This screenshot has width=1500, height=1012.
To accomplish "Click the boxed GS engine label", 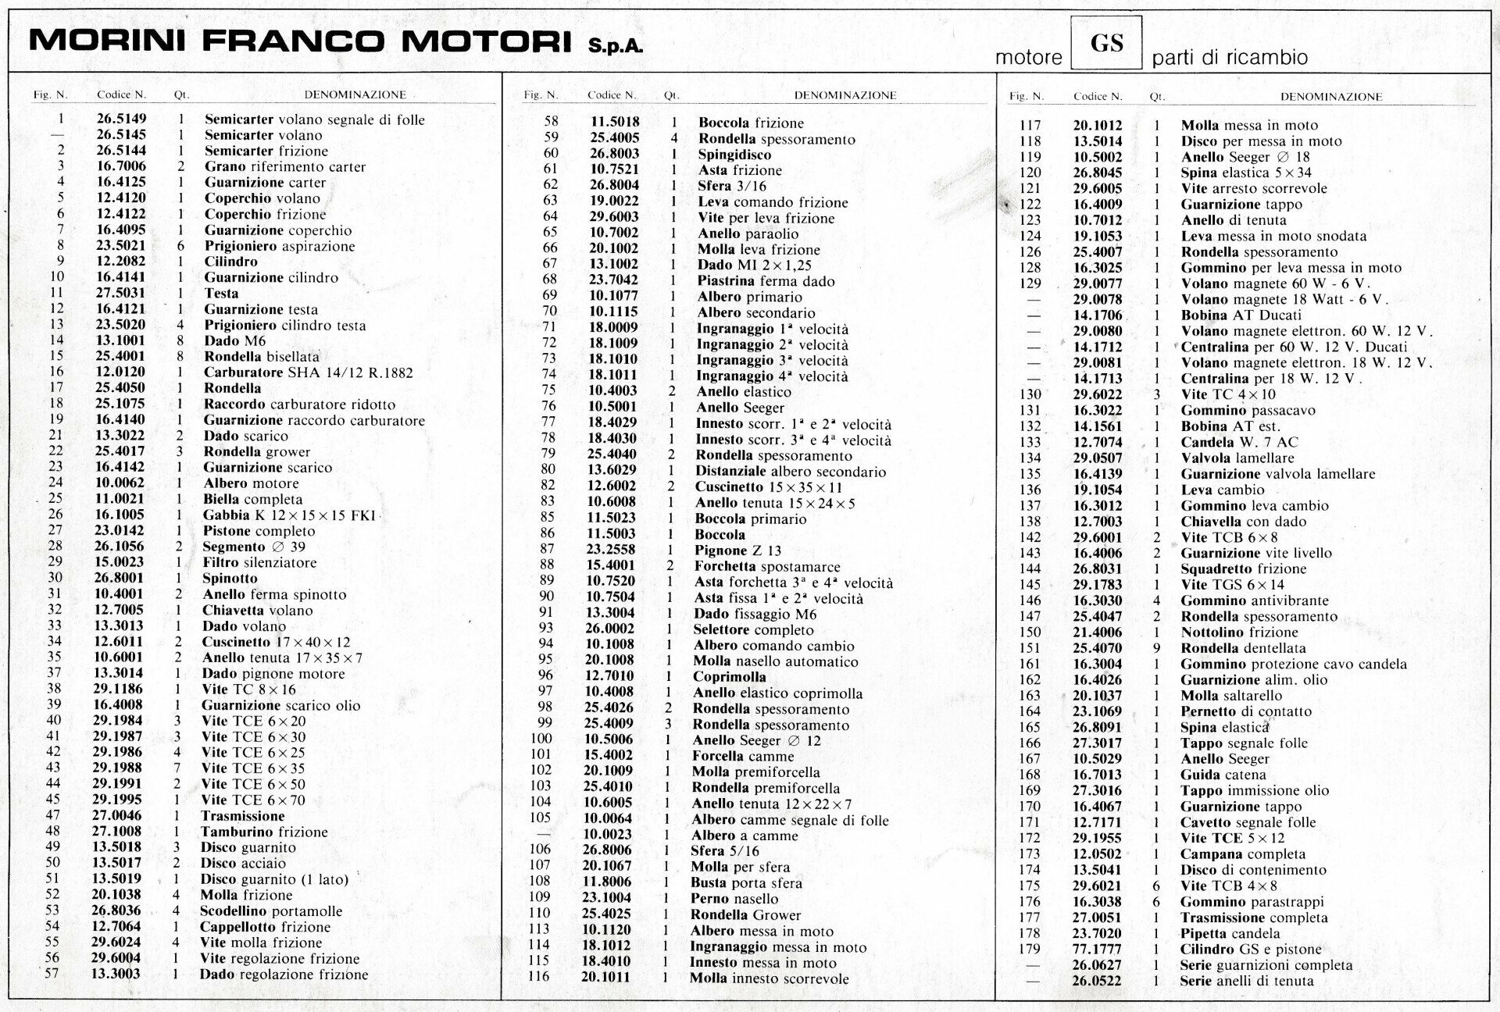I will click(x=1106, y=43).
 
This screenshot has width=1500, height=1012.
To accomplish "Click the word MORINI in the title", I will click(x=107, y=41).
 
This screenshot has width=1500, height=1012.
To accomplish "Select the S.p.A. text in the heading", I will click(x=616, y=46).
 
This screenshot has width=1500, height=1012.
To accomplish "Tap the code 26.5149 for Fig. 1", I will click(x=121, y=119).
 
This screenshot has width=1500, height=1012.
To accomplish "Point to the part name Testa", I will click(x=221, y=294).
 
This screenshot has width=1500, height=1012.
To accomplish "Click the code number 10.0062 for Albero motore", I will click(x=120, y=483).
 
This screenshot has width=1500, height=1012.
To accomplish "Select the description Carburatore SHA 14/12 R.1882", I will click(x=308, y=372).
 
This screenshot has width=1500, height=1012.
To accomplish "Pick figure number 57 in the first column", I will click(x=52, y=974).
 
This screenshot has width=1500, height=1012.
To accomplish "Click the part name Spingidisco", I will click(x=734, y=155).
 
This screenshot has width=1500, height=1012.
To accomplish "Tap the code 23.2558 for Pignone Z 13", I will click(x=612, y=550).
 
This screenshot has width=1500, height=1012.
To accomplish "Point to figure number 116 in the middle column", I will click(x=539, y=977).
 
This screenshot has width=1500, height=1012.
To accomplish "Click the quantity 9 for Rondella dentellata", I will click(x=1156, y=648).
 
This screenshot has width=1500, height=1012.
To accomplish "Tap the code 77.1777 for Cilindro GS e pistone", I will click(x=1097, y=950).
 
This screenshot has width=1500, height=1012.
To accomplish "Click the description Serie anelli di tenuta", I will click(x=1246, y=981).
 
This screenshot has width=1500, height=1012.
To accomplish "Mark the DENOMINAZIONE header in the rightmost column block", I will click(x=1331, y=97).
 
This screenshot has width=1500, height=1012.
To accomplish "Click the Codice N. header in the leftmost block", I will click(x=121, y=94).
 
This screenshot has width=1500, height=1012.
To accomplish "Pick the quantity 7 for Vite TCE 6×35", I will click(x=177, y=768).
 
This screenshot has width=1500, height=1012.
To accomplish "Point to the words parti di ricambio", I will click(x=1230, y=58).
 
